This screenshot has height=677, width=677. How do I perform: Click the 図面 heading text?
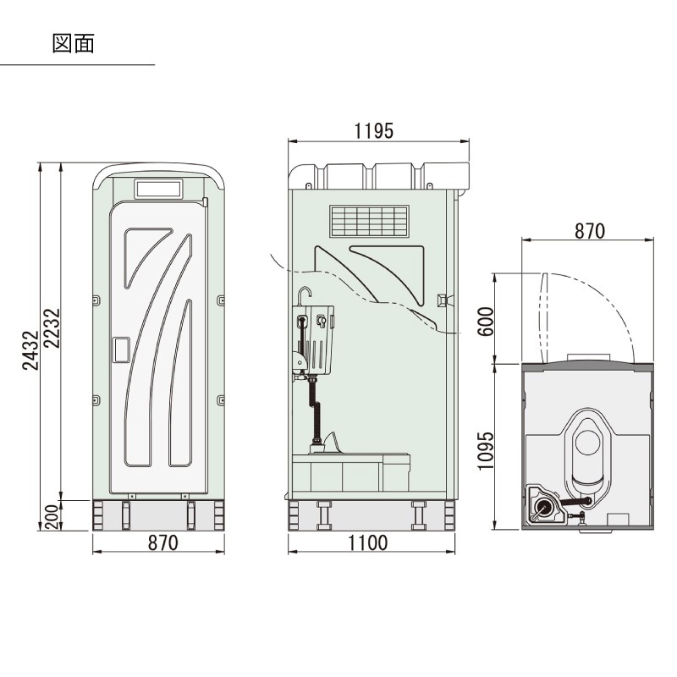pyautogui.click(x=73, y=44)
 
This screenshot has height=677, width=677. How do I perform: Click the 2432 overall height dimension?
pyautogui.click(x=30, y=350)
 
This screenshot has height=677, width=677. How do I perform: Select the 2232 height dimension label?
pyautogui.click(x=52, y=328)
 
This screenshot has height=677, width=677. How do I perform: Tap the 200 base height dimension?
pyautogui.click(x=52, y=517)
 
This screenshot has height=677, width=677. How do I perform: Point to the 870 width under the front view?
pyautogui.click(x=162, y=542)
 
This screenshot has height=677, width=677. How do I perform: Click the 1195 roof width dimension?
pyautogui.click(x=374, y=131)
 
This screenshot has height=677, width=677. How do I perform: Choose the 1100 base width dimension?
pyautogui.click(x=368, y=542)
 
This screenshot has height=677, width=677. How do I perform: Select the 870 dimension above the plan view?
pyautogui.click(x=590, y=231)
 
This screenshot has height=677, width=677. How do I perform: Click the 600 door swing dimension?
pyautogui.click(x=485, y=322)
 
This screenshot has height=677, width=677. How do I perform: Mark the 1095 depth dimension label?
pyautogui.click(x=485, y=451)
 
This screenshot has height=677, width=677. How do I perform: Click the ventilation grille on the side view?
pyautogui.click(x=369, y=222)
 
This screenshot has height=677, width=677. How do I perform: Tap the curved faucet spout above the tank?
pyautogui.click(x=304, y=294)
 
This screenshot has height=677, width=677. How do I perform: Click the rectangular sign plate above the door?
pyautogui.click(x=158, y=189)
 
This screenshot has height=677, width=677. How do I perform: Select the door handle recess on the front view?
pyautogui.click(x=121, y=350)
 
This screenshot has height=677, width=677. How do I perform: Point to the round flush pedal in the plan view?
pyautogui.click(x=543, y=506)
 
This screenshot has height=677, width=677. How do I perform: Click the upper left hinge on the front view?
pyautogui.click(x=96, y=300)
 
